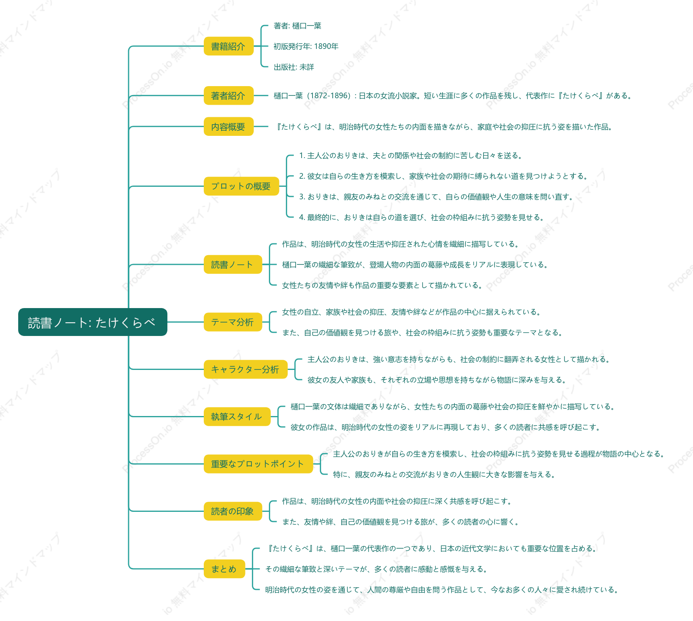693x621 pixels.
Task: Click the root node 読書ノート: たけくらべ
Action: coord(93,322)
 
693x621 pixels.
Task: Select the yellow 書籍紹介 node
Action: coord(228,46)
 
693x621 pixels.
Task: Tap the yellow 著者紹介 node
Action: coord(228,95)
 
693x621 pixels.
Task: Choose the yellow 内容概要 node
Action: coord(228,127)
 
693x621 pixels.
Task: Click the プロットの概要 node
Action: coord(241,186)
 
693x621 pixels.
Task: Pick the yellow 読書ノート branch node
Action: coord(233,264)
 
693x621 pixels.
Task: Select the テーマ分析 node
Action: coord(233,322)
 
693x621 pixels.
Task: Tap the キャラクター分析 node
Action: coord(245,369)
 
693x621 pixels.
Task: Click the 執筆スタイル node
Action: coord(237,416)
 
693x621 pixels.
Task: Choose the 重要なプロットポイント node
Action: coord(258,464)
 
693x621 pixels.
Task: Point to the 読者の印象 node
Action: coord(233,511)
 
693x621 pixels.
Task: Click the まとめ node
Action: coord(224,569)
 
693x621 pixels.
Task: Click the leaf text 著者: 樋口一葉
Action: coord(298,26)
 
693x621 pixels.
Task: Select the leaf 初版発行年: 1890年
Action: coord(306,46)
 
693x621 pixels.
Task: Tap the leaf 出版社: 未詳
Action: coord(294,67)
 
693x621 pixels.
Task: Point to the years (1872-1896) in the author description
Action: coord(329,96)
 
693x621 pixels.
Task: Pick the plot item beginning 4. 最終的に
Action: coord(422,218)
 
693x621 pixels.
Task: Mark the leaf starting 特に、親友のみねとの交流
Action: coord(444,475)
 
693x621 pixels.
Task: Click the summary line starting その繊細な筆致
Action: coord(376,569)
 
